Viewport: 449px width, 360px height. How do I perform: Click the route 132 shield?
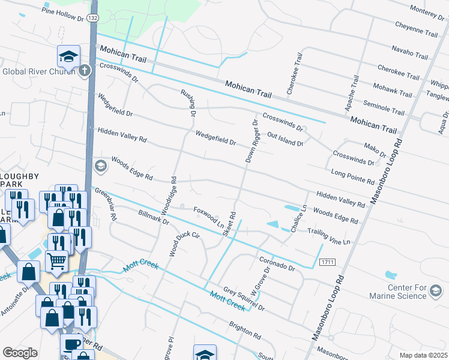(x=92, y=19)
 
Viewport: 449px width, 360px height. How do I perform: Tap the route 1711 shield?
(x=327, y=262)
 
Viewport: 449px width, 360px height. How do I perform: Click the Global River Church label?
(x=39, y=71)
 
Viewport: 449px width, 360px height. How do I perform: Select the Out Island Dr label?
(x=286, y=139)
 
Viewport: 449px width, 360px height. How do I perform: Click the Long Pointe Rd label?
(x=353, y=176)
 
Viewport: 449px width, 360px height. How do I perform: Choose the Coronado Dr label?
(x=277, y=263)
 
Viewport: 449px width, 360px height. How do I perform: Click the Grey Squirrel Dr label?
(x=244, y=299)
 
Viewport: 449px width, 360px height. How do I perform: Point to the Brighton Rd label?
(x=244, y=329)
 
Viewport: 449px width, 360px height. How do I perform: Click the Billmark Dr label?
(x=153, y=217)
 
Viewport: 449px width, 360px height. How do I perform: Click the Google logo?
(x=20, y=353)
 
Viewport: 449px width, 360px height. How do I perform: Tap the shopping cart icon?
(x=56, y=260)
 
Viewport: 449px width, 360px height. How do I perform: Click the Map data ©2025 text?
(x=423, y=355)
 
